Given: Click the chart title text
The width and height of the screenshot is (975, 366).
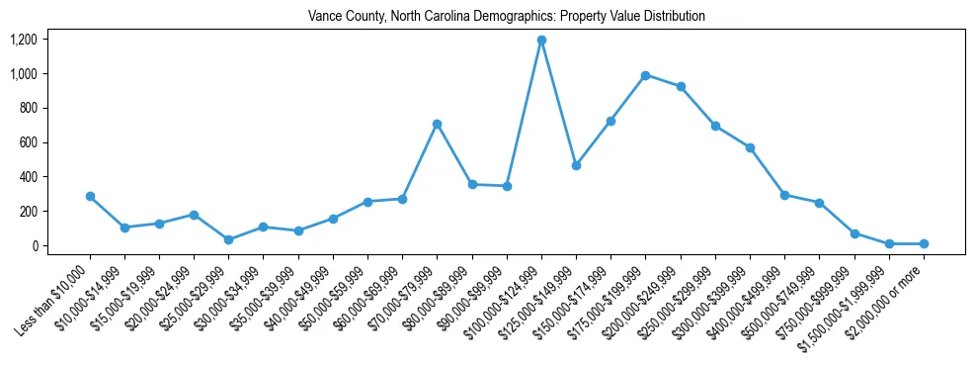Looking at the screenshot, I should (x=507, y=17).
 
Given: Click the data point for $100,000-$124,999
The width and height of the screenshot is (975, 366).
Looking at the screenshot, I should (x=541, y=41).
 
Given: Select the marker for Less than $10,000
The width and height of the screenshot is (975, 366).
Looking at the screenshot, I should (x=90, y=196).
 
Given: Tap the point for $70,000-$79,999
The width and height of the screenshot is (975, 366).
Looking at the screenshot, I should (x=437, y=124).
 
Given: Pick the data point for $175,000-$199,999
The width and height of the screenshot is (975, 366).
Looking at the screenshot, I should (x=645, y=75).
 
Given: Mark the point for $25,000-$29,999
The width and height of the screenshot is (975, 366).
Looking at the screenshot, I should (x=229, y=239).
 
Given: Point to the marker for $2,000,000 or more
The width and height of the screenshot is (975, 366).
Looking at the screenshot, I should (x=924, y=243).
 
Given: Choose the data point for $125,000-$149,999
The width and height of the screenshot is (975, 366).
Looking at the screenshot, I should (x=576, y=165).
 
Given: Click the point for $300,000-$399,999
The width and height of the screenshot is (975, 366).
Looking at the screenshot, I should (x=750, y=147).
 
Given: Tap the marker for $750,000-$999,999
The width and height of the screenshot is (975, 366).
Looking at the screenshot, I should (x=854, y=233).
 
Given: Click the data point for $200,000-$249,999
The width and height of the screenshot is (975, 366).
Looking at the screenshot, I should (x=680, y=87).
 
